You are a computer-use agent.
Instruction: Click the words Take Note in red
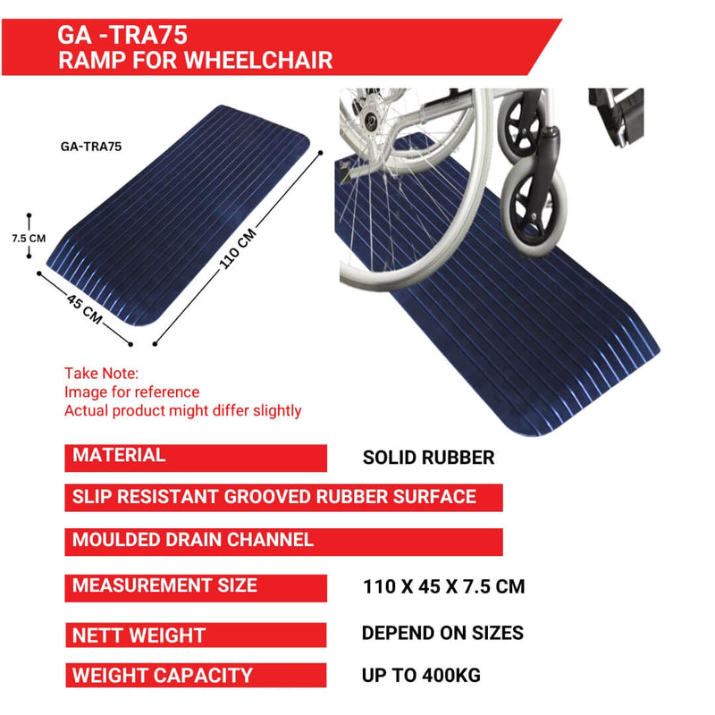point(101,374)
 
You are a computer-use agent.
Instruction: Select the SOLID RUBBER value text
point(428,458)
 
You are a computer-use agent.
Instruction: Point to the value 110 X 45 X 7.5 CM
point(443,587)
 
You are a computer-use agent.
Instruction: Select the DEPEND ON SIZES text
point(442,633)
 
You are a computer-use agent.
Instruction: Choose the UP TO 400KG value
point(421,676)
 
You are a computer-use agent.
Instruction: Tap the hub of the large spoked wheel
point(368,114)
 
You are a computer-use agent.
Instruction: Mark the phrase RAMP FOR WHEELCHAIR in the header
point(195,61)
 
